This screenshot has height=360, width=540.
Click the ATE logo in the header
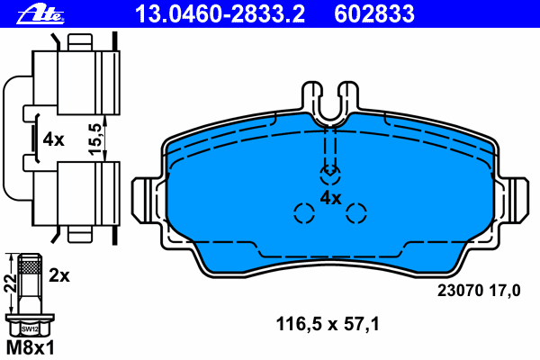click(40, 14)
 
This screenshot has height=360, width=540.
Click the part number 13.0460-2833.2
click(220, 13)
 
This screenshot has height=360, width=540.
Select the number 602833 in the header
click(374, 13)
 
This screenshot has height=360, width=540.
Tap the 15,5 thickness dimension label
click(96, 139)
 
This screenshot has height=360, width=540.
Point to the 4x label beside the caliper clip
click(53, 139)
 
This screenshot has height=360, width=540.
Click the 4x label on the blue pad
click(330, 198)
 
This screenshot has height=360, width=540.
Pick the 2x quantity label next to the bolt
click(59, 275)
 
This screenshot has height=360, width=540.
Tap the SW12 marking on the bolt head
click(30, 329)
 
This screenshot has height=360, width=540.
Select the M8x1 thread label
click(31, 348)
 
